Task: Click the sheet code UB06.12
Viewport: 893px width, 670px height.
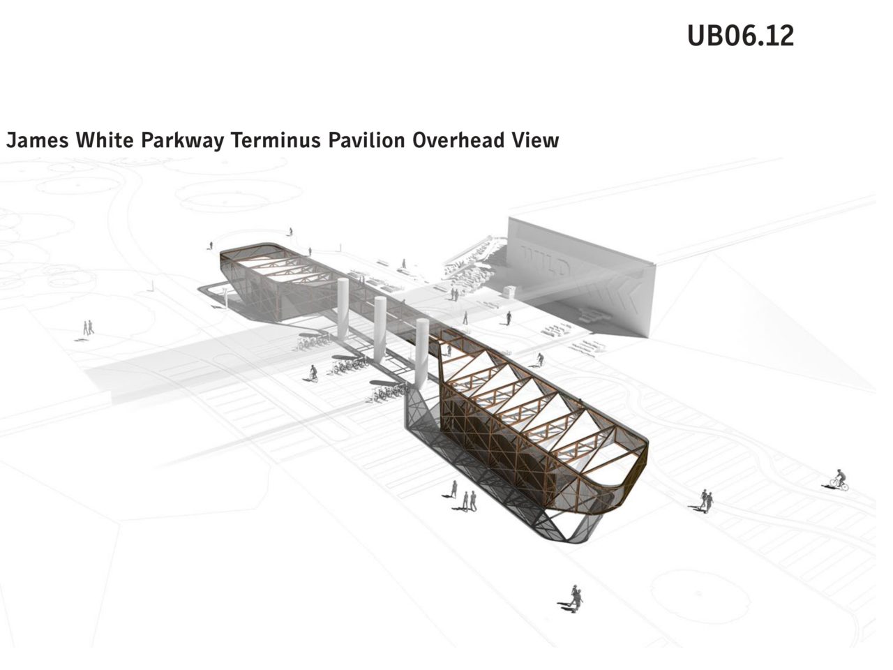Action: coord(740,36)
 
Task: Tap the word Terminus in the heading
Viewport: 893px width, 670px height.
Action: coord(276,140)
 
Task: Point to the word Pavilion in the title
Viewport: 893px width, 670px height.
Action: coord(367,140)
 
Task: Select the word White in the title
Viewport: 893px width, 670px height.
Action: coord(105,140)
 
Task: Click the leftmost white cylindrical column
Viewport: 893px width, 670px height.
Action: coord(343,308)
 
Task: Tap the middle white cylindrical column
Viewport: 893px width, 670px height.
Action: coord(380,330)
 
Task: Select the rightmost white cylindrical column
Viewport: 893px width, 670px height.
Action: coord(422,353)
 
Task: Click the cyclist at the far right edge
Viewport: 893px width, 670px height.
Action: coord(839,481)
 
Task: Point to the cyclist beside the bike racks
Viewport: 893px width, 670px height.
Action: coord(313,373)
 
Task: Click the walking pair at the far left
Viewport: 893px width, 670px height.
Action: coord(88,328)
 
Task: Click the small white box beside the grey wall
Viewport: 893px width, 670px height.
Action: coord(510,291)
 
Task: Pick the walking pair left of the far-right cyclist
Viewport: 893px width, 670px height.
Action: coord(707,501)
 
